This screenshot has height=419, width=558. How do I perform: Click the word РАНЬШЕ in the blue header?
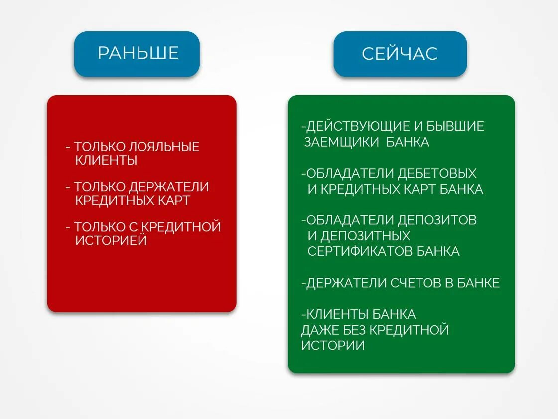(138, 53)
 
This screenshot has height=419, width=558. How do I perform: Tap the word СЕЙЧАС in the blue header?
(400, 54)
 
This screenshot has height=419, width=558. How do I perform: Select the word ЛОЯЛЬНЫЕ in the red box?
(164, 147)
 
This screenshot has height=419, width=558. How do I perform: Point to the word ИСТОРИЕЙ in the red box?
(111, 240)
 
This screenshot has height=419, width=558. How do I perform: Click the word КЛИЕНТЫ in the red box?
(106, 160)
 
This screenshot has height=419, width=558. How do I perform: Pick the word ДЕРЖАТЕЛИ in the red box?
(169, 187)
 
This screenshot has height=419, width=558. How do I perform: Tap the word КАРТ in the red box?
(172, 200)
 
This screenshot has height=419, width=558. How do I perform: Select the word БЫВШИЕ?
(453, 126)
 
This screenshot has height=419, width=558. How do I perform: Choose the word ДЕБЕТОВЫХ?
(437, 173)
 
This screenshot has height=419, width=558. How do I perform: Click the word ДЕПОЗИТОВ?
(437, 220)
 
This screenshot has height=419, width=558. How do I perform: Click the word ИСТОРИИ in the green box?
(332, 345)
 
